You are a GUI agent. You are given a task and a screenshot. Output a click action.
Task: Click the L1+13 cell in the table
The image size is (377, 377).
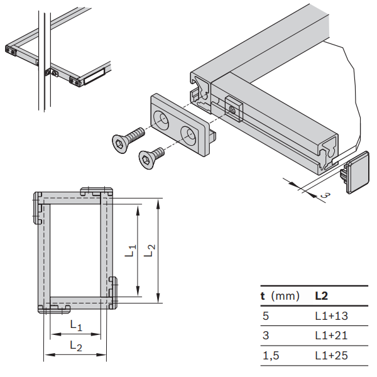[331, 317]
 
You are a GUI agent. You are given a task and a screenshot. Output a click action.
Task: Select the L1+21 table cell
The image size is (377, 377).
[331, 336]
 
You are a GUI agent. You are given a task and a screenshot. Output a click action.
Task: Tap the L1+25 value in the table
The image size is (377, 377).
[331, 356]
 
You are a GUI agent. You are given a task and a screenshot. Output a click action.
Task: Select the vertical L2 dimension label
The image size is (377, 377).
[150, 249]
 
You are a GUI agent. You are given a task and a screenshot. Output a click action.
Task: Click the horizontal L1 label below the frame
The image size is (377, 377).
[75, 325]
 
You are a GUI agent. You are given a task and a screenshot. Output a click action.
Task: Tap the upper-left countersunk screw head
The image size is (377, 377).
[118, 144]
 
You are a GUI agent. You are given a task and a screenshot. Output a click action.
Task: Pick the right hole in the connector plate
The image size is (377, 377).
[189, 133]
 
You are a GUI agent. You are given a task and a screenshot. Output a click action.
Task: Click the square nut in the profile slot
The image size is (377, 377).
[232, 109]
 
